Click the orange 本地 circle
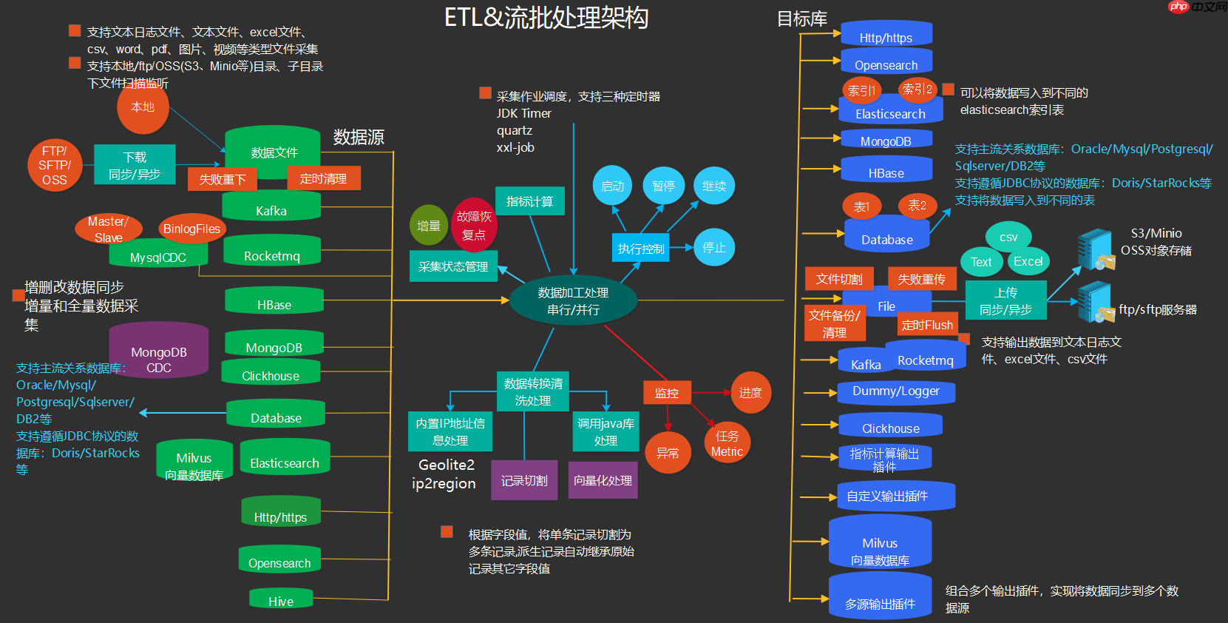click(x=143, y=107)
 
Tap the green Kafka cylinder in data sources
click(x=271, y=208)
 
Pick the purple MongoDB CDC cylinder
click(x=158, y=353)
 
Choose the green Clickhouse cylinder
click(x=271, y=373)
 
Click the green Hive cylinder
click(x=281, y=599)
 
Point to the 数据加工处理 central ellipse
click(x=573, y=301)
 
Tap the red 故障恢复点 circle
click(x=474, y=225)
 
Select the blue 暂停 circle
click(x=663, y=186)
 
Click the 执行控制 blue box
click(x=641, y=249)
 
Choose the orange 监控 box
click(x=667, y=393)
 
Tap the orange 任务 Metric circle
click(x=727, y=443)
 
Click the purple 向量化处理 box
click(x=603, y=480)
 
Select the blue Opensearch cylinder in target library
click(x=886, y=63)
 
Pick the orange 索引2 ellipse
click(x=917, y=90)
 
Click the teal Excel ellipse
click(x=1028, y=261)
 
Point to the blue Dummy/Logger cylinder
click(x=896, y=392)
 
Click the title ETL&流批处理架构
click(x=546, y=18)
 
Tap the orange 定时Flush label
click(x=927, y=325)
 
